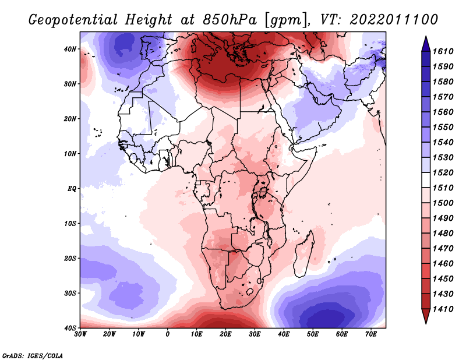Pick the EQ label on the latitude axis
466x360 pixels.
pos(71,189)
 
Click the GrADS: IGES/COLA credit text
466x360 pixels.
pos(33,355)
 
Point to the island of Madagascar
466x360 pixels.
pos(305,253)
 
